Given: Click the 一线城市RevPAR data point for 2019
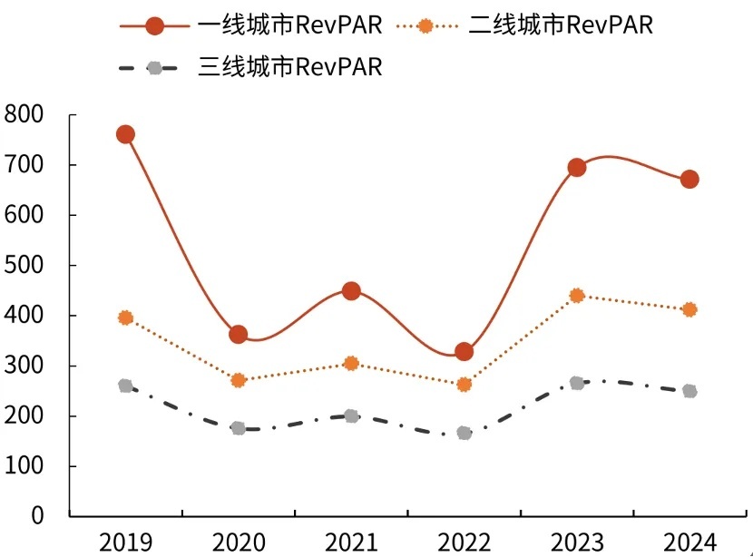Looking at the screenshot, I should click(x=125, y=134).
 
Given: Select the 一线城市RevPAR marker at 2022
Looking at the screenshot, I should click(x=464, y=352).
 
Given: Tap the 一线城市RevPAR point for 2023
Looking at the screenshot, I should click(x=576, y=168).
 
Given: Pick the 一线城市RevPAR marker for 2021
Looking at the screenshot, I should click(x=351, y=291).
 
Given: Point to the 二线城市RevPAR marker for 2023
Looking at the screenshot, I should click(x=576, y=296).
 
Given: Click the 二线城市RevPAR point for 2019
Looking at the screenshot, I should click(x=125, y=318).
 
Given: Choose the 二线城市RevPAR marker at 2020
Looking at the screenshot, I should click(x=238, y=380).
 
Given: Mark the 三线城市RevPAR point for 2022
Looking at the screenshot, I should click(x=464, y=433).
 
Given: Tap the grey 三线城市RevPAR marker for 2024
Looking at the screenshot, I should click(x=689, y=391).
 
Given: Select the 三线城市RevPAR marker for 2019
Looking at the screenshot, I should click(x=125, y=386).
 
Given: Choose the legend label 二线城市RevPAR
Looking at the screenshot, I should click(x=561, y=25).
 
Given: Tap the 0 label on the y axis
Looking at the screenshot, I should click(x=37, y=516).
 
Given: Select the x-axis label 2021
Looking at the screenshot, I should click(x=351, y=542).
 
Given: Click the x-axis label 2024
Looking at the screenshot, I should click(x=689, y=542).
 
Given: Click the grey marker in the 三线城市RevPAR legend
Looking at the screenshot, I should click(x=155, y=68).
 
